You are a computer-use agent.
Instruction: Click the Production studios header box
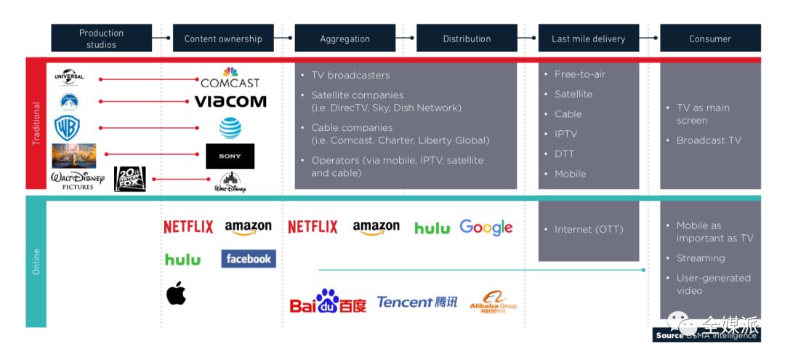tap(101, 39)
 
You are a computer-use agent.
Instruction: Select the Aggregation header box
tap(345, 39)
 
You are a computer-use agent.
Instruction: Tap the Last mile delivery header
tap(588, 39)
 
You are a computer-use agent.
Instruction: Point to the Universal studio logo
tap(69, 77)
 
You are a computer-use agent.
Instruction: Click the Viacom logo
tap(230, 101)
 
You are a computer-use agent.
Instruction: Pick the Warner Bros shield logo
tap(67, 128)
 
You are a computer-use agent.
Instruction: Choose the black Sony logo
tap(230, 156)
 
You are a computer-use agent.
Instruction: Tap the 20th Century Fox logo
tap(130, 179)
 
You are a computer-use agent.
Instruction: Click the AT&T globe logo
tap(230, 128)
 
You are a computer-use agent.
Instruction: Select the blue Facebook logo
tap(249, 258)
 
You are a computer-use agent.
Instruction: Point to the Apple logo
tap(176, 293)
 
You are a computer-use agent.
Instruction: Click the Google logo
tap(486, 228)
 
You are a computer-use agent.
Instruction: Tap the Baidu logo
tap(328, 302)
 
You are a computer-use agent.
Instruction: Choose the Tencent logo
tap(417, 302)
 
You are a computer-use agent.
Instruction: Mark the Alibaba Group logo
tap(494, 302)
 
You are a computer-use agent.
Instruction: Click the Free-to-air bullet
tap(579, 74)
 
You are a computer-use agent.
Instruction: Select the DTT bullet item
tap(565, 154)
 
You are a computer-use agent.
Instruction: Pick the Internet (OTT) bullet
tap(588, 229)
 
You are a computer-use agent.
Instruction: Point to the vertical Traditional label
tap(36, 124)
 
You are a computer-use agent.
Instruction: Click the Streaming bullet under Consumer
tap(700, 258)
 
